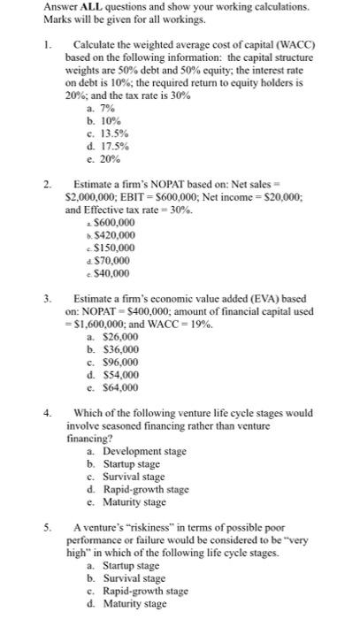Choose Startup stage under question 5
click(x=131, y=565)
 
